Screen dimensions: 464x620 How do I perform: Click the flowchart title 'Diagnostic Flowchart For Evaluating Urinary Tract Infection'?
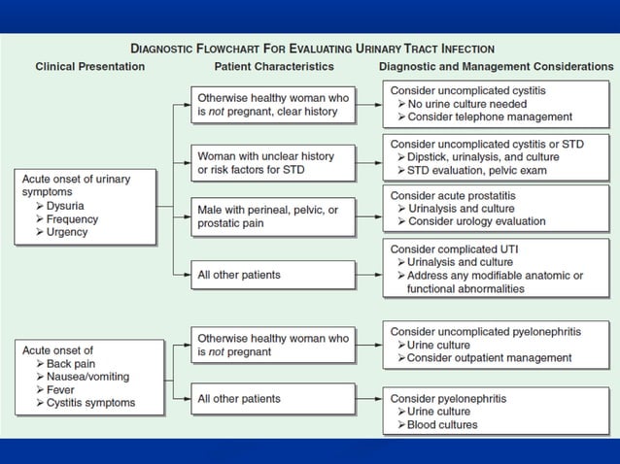click(313, 48)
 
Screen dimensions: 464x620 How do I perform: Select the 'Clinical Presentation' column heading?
click(90, 67)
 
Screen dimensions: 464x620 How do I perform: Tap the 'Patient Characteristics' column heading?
click(274, 67)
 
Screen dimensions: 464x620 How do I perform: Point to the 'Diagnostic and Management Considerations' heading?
click(496, 67)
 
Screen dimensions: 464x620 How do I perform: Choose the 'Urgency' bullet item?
click(67, 232)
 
